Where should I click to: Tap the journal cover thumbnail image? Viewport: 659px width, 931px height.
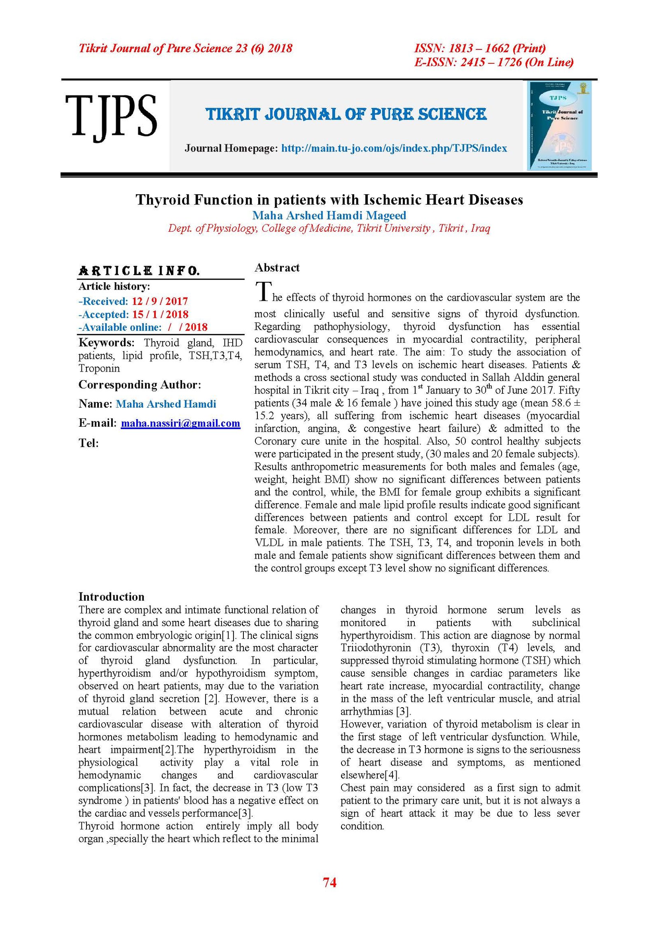point(560,125)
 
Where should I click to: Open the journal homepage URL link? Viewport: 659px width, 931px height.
point(394,148)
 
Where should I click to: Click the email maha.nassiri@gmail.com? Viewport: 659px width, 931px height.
point(180,423)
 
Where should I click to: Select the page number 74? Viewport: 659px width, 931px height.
point(329,882)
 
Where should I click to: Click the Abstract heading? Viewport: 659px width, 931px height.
point(277,268)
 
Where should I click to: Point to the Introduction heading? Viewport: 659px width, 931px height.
point(111,597)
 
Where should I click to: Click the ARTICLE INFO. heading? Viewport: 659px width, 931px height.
point(139,271)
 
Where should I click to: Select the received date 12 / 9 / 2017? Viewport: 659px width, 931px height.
point(160,301)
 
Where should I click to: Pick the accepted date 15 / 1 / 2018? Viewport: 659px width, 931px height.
point(160,314)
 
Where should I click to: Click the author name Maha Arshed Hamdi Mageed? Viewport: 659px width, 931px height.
point(329,215)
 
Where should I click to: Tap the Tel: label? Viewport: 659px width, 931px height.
point(89,443)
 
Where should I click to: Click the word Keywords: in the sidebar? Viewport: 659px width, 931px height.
point(106,343)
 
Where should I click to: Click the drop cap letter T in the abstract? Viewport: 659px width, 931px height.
point(263,291)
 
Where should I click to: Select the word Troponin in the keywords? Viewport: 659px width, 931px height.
point(99,368)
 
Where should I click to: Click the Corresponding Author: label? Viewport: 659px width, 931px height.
point(140,385)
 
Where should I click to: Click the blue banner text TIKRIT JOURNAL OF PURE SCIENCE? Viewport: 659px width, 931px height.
point(346,114)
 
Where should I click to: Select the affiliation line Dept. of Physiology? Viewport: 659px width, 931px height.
point(329,228)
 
